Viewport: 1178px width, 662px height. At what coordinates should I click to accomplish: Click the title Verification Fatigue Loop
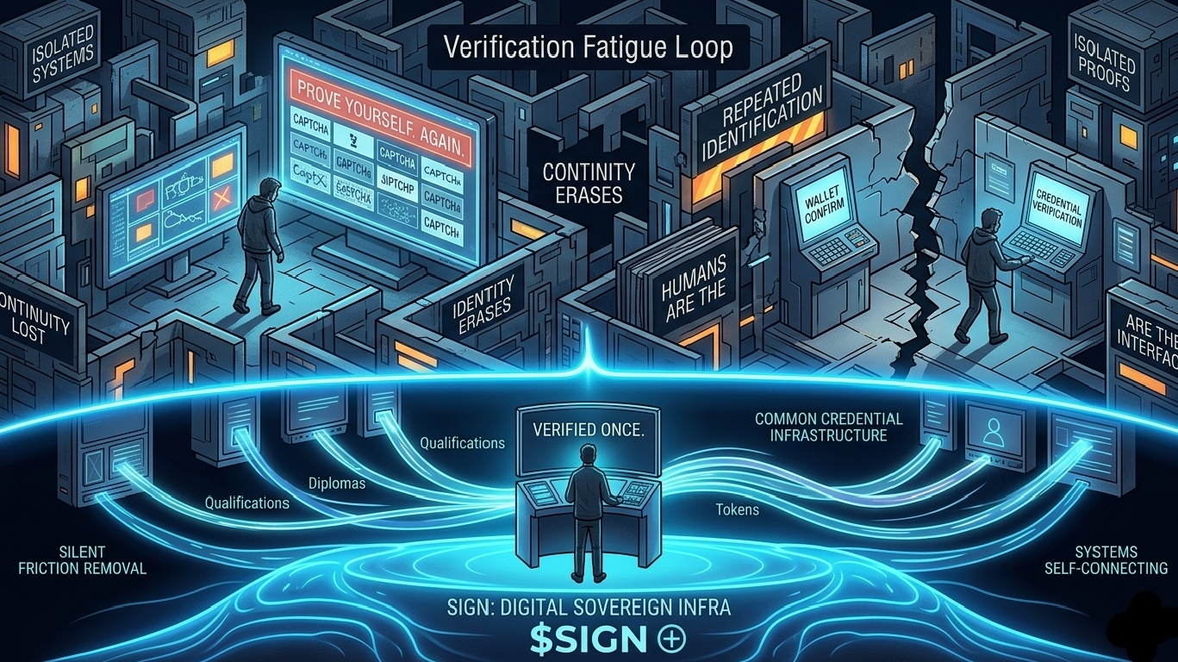tap(588, 47)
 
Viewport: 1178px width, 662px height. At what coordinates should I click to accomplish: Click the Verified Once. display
tap(589, 430)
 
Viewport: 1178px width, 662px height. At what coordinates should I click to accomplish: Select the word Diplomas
tap(337, 484)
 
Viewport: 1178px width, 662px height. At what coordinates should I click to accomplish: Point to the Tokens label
tap(737, 509)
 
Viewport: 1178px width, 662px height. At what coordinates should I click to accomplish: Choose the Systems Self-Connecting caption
tap(1106, 559)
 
